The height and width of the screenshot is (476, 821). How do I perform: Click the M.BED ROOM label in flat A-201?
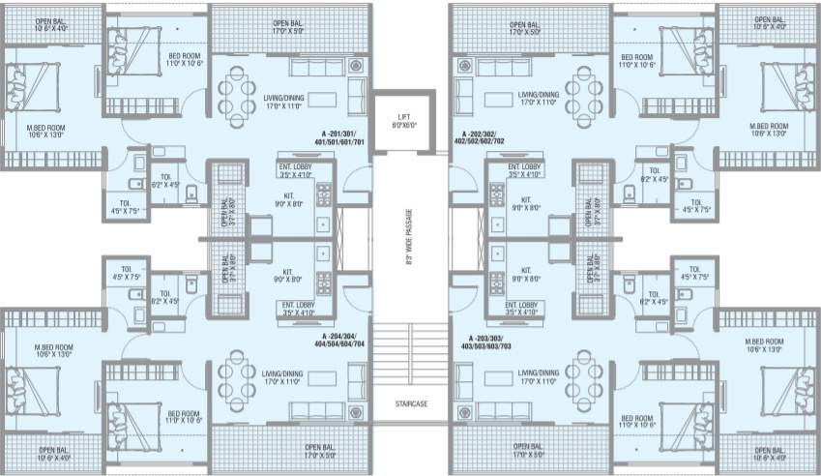pyautogui.click(x=45, y=131)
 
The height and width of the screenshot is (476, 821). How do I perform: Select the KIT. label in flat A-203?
pyautogui.click(x=526, y=275)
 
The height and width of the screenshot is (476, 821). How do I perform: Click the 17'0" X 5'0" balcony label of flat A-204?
pyautogui.click(x=320, y=450)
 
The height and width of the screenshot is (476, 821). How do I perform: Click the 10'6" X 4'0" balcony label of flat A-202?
pyautogui.click(x=769, y=22)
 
